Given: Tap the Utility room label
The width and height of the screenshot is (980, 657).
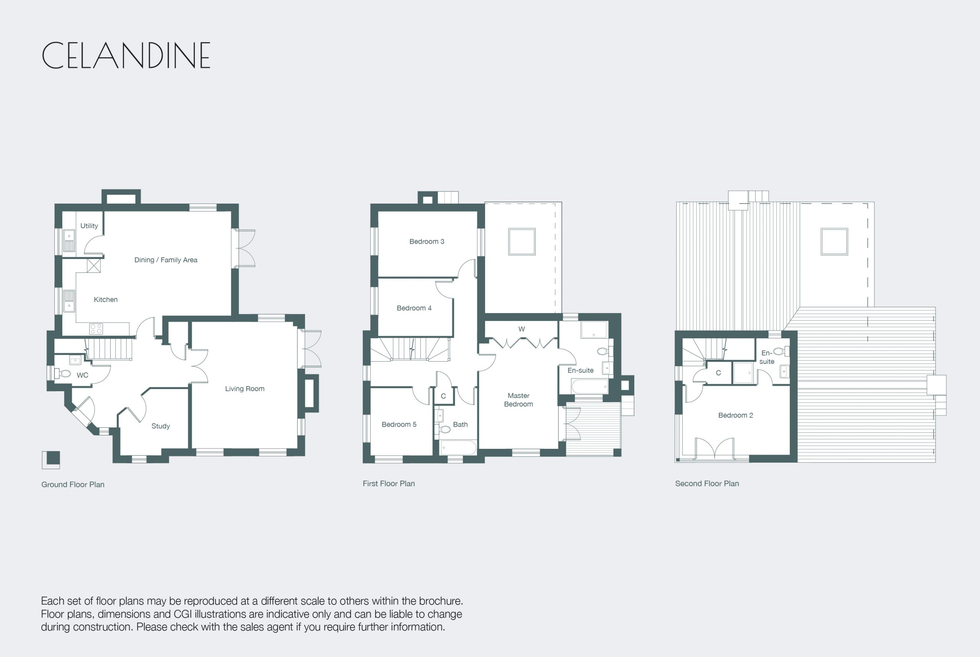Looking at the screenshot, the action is (89, 226).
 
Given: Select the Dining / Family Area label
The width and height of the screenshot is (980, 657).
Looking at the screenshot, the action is (166, 260).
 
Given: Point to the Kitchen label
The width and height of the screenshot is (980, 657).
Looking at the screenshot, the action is (106, 300).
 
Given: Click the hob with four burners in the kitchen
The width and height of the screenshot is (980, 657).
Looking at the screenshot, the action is (96, 329).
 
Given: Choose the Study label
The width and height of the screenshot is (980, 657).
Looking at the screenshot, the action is (160, 426).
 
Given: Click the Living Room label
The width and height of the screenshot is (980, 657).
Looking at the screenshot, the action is (245, 389).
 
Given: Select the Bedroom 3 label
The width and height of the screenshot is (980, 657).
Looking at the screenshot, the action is (427, 241).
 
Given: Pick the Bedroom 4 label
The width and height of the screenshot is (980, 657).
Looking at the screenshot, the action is (414, 308).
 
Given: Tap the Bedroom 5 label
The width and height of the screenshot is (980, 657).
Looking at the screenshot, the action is (399, 424).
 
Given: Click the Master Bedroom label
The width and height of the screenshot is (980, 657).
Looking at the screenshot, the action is (518, 400).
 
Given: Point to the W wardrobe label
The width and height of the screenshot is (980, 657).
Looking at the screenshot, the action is (521, 329).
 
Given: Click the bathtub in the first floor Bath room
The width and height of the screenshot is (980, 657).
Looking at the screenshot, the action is (458, 447).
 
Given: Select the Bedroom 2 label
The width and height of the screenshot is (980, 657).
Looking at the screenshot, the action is (736, 415).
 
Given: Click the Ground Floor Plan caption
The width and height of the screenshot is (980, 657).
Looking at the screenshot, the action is (73, 484).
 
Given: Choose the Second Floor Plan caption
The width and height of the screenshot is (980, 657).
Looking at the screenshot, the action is (707, 484).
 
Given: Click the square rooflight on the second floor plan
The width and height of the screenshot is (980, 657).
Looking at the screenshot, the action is (834, 242).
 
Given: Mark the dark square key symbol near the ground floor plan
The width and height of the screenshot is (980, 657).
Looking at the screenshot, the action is (53, 458).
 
